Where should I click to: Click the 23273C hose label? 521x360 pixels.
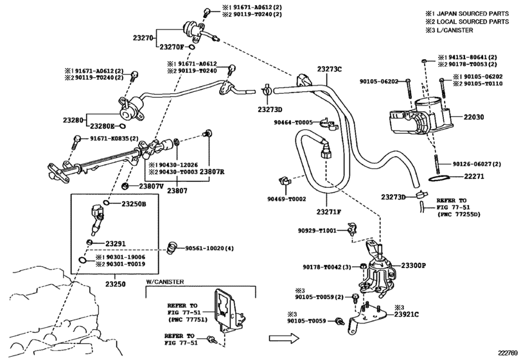click(329, 69)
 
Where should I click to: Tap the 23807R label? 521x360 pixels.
click(211, 172)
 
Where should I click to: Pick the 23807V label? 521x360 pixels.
click(152, 186)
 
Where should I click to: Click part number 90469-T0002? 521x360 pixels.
click(287, 199)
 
